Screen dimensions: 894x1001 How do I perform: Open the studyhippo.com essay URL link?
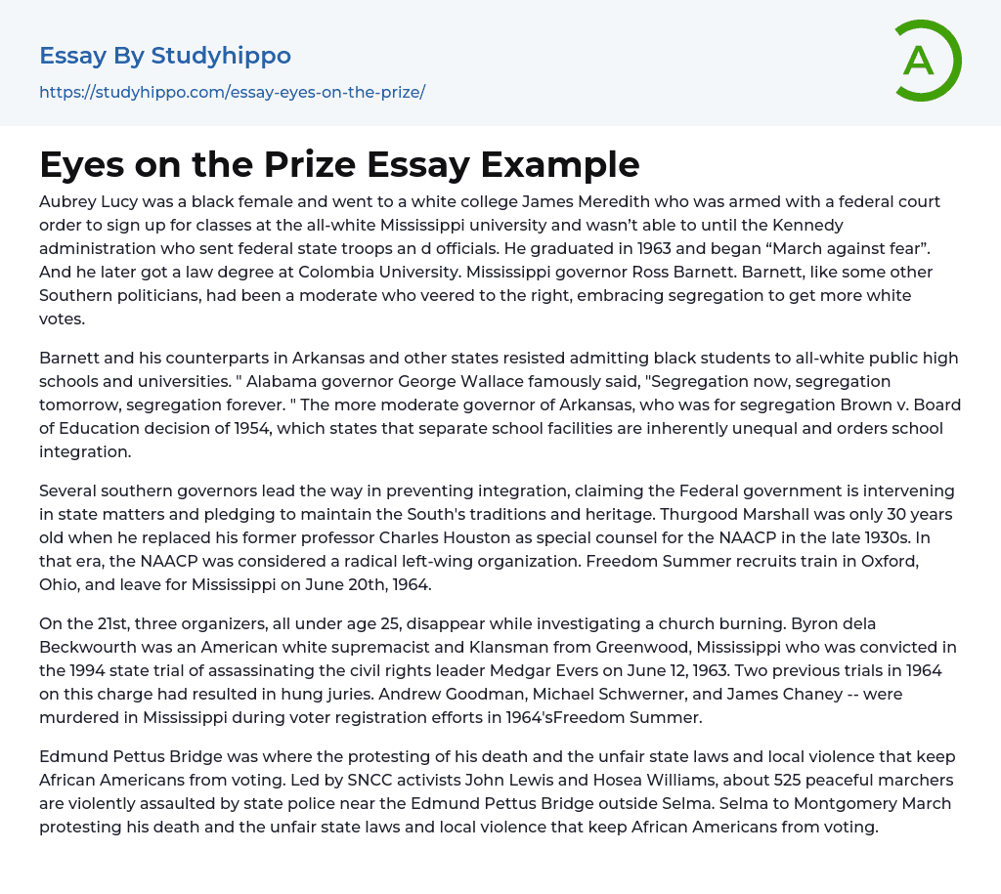pos(232,92)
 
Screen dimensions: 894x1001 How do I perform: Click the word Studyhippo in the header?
pos(221,56)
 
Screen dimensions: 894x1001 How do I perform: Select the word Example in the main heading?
pos(565,164)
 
